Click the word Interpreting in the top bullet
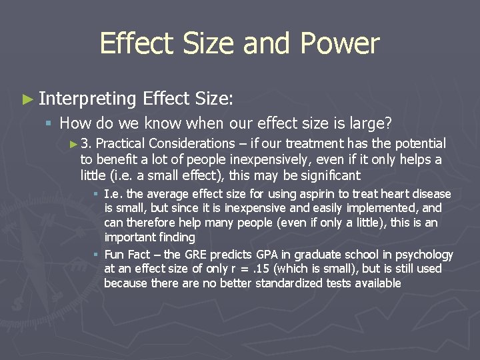click(x=87, y=99)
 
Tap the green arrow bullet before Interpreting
click(x=27, y=99)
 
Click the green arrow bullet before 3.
click(x=73, y=144)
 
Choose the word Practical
click(x=121, y=144)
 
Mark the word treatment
click(x=313, y=144)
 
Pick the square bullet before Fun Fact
click(x=96, y=255)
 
